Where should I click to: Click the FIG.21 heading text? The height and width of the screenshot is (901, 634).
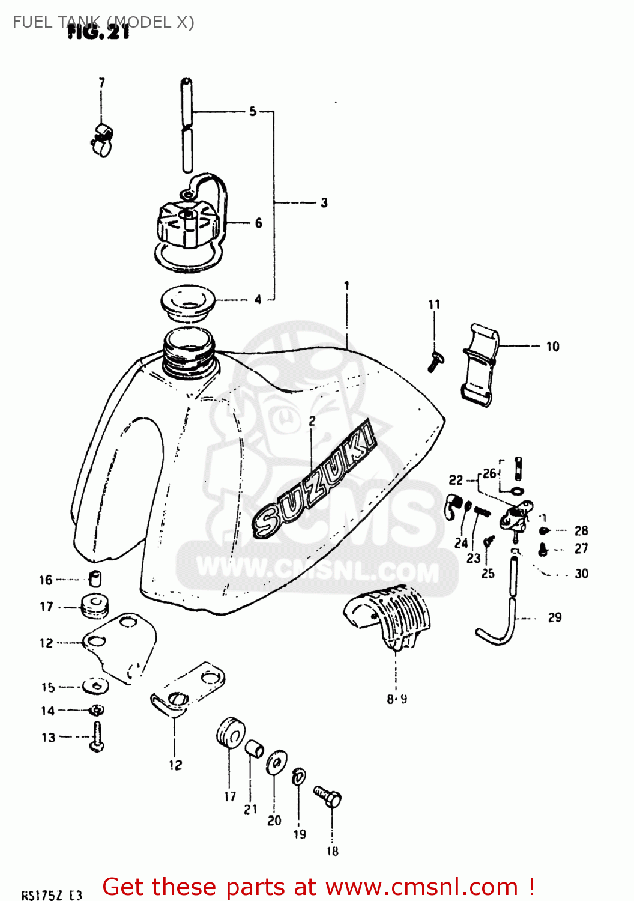tap(99, 32)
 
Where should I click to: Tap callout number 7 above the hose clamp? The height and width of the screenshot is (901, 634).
tap(102, 82)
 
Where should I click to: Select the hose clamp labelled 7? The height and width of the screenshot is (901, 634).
tap(103, 139)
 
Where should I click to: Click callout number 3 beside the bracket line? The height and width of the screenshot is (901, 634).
tap(324, 202)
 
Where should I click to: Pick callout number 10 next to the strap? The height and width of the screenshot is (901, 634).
tap(552, 346)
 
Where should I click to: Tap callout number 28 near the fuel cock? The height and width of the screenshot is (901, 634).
tap(581, 530)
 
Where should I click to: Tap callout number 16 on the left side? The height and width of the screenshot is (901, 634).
tap(46, 580)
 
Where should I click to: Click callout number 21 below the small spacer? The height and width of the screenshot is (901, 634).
tap(250, 809)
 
